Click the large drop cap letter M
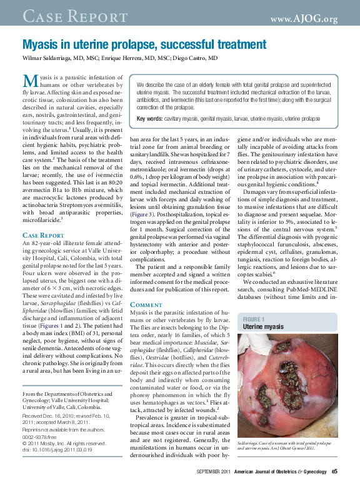pyautogui.click(x=31, y=81)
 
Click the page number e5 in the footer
pyautogui.click(x=334, y=471)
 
